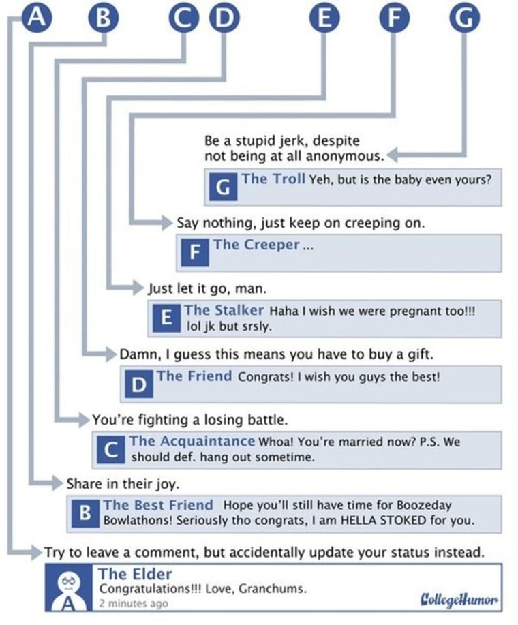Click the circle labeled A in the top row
(39, 18)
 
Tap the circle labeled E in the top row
(324, 18)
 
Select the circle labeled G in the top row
(464, 18)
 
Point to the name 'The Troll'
(273, 179)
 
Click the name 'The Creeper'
(256, 245)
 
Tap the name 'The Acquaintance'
(192, 441)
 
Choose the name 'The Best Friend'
(158, 506)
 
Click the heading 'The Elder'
(135, 573)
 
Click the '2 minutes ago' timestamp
(133, 603)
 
